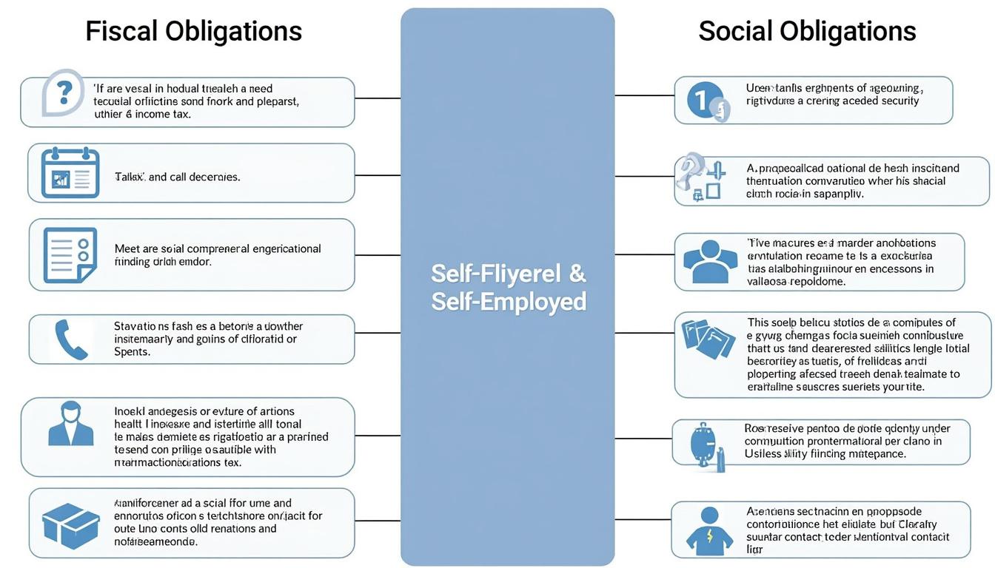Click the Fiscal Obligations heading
coord(194,31)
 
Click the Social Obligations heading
coord(807,31)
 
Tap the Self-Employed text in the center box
coord(509,302)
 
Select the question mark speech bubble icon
coord(63,92)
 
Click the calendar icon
coord(70,173)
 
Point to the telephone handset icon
coord(71,339)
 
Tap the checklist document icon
coord(70,255)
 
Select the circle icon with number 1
coord(706,101)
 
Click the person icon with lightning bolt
coord(709,530)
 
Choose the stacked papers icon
coord(708,339)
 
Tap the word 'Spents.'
coord(132,352)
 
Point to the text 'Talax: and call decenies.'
coord(177,177)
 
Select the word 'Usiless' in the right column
coord(763,453)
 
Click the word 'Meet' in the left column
coord(127,248)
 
